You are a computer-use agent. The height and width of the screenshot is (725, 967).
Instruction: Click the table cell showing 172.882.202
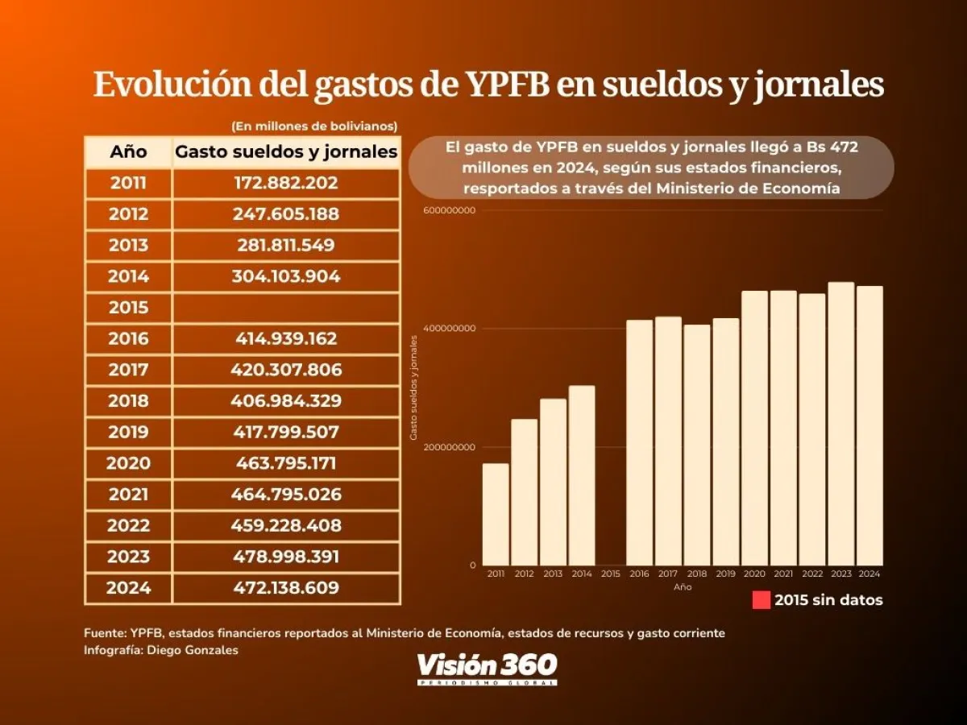pos(287,183)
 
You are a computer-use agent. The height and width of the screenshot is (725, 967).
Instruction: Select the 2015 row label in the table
pos(128,308)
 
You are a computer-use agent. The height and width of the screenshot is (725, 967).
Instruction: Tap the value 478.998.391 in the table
pos(287,557)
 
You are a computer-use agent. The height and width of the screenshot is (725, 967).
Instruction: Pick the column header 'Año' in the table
pos(128,151)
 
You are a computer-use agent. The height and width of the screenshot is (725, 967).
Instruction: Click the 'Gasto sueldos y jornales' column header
pos(287,151)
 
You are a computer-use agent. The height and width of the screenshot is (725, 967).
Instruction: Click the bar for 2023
pos(840,424)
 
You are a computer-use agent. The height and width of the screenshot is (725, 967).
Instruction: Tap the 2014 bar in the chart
pos(582,475)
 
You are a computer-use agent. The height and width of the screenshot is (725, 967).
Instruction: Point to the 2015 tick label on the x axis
pos(611,574)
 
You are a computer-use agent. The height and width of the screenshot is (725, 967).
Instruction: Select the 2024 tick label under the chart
pos(869,574)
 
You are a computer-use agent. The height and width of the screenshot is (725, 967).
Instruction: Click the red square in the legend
pos(761,600)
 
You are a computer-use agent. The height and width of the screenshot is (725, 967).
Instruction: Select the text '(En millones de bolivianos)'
pos(314,126)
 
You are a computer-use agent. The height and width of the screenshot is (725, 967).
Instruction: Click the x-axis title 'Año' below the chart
pos(683,587)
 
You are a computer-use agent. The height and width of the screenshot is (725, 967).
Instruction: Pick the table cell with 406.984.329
pos(287,401)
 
